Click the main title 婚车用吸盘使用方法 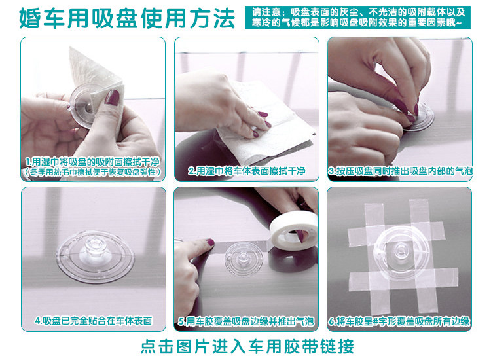(127, 18)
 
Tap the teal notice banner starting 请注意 (357, 18)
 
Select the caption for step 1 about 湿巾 (93, 162)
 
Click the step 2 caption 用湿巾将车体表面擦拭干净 (247, 171)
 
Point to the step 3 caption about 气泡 (401, 171)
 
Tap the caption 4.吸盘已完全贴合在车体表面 (94, 321)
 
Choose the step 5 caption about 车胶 (246, 321)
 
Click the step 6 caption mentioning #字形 (399, 321)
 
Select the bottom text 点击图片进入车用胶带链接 (247, 346)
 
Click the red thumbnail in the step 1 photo (112, 97)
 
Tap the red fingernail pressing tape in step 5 (209, 242)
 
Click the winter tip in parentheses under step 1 (93, 172)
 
